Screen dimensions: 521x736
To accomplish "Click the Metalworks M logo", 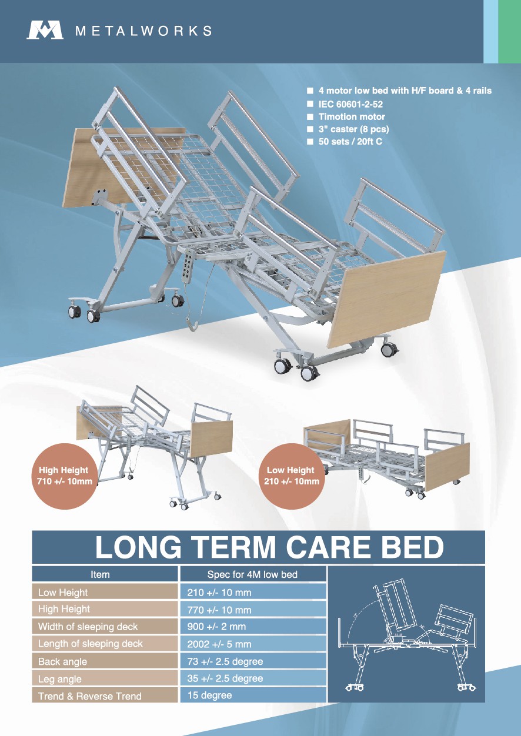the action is (45, 30).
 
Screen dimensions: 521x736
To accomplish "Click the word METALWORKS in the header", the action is (143, 31).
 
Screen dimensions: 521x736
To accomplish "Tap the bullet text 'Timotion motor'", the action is (352, 116).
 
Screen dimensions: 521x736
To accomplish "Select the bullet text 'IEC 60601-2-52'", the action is (350, 104).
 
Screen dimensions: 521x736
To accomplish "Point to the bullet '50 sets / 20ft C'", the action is (350, 142).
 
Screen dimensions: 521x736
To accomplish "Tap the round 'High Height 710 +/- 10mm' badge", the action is (65, 476).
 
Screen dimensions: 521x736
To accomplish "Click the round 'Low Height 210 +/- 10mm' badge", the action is (292, 476).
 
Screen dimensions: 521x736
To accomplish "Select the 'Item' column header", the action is (100, 575).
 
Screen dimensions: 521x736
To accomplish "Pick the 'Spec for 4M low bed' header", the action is (252, 575).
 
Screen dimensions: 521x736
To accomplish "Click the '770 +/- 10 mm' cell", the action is (253, 610).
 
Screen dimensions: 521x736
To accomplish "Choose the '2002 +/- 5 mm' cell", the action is (253, 644).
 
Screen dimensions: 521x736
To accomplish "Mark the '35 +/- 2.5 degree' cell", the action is (253, 678).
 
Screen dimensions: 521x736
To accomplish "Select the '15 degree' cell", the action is (253, 695).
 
